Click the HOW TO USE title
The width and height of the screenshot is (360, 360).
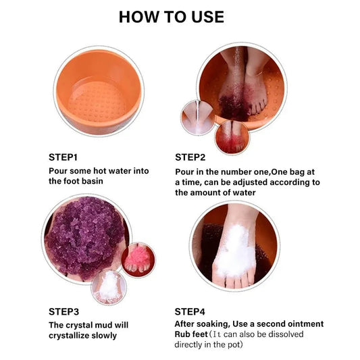tap(172, 17)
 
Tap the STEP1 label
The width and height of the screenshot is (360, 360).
tap(63, 157)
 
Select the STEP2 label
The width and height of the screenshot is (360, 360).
tap(190, 157)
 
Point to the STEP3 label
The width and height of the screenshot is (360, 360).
tap(63, 312)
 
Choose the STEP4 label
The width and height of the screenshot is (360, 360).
tap(190, 312)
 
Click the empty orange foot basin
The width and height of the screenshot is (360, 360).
tap(99, 91)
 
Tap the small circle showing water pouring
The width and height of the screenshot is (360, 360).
tap(198, 118)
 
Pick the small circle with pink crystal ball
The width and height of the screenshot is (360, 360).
tap(138, 259)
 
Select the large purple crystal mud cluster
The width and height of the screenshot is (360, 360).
tap(85, 236)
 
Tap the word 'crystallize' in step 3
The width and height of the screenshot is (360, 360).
tap(69, 336)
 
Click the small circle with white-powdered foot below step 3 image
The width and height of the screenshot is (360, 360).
tap(109, 287)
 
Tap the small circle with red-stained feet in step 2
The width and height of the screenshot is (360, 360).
tap(232, 137)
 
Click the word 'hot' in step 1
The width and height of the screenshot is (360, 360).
tap(100, 171)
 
